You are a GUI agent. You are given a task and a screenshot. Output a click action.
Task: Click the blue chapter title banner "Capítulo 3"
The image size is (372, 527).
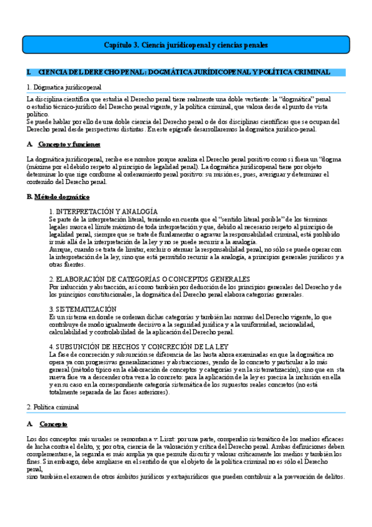(185, 45)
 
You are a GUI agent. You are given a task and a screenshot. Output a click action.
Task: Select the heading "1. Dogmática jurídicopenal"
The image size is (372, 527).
(64, 88)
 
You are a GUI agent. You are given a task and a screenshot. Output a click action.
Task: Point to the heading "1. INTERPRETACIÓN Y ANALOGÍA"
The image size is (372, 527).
(103, 212)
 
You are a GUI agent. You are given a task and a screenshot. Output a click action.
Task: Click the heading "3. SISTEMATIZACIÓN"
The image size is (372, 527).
(83, 309)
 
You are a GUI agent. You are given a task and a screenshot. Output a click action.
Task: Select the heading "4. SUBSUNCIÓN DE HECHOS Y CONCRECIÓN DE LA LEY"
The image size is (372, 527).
(137, 346)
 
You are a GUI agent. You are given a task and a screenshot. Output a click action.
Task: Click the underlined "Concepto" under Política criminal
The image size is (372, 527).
(53, 424)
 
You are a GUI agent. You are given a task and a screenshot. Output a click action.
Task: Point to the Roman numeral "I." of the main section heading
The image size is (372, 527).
(29, 73)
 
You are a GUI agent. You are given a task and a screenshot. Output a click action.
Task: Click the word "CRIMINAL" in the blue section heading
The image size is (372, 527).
(312, 73)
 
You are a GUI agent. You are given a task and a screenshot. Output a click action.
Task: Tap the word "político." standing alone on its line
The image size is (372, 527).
(39, 114)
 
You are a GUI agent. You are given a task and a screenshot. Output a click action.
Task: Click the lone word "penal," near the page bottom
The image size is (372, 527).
(35, 469)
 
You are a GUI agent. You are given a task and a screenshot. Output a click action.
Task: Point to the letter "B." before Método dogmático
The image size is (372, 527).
(29, 196)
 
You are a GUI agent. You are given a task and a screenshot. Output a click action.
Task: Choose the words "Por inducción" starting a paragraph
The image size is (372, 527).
(68, 286)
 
